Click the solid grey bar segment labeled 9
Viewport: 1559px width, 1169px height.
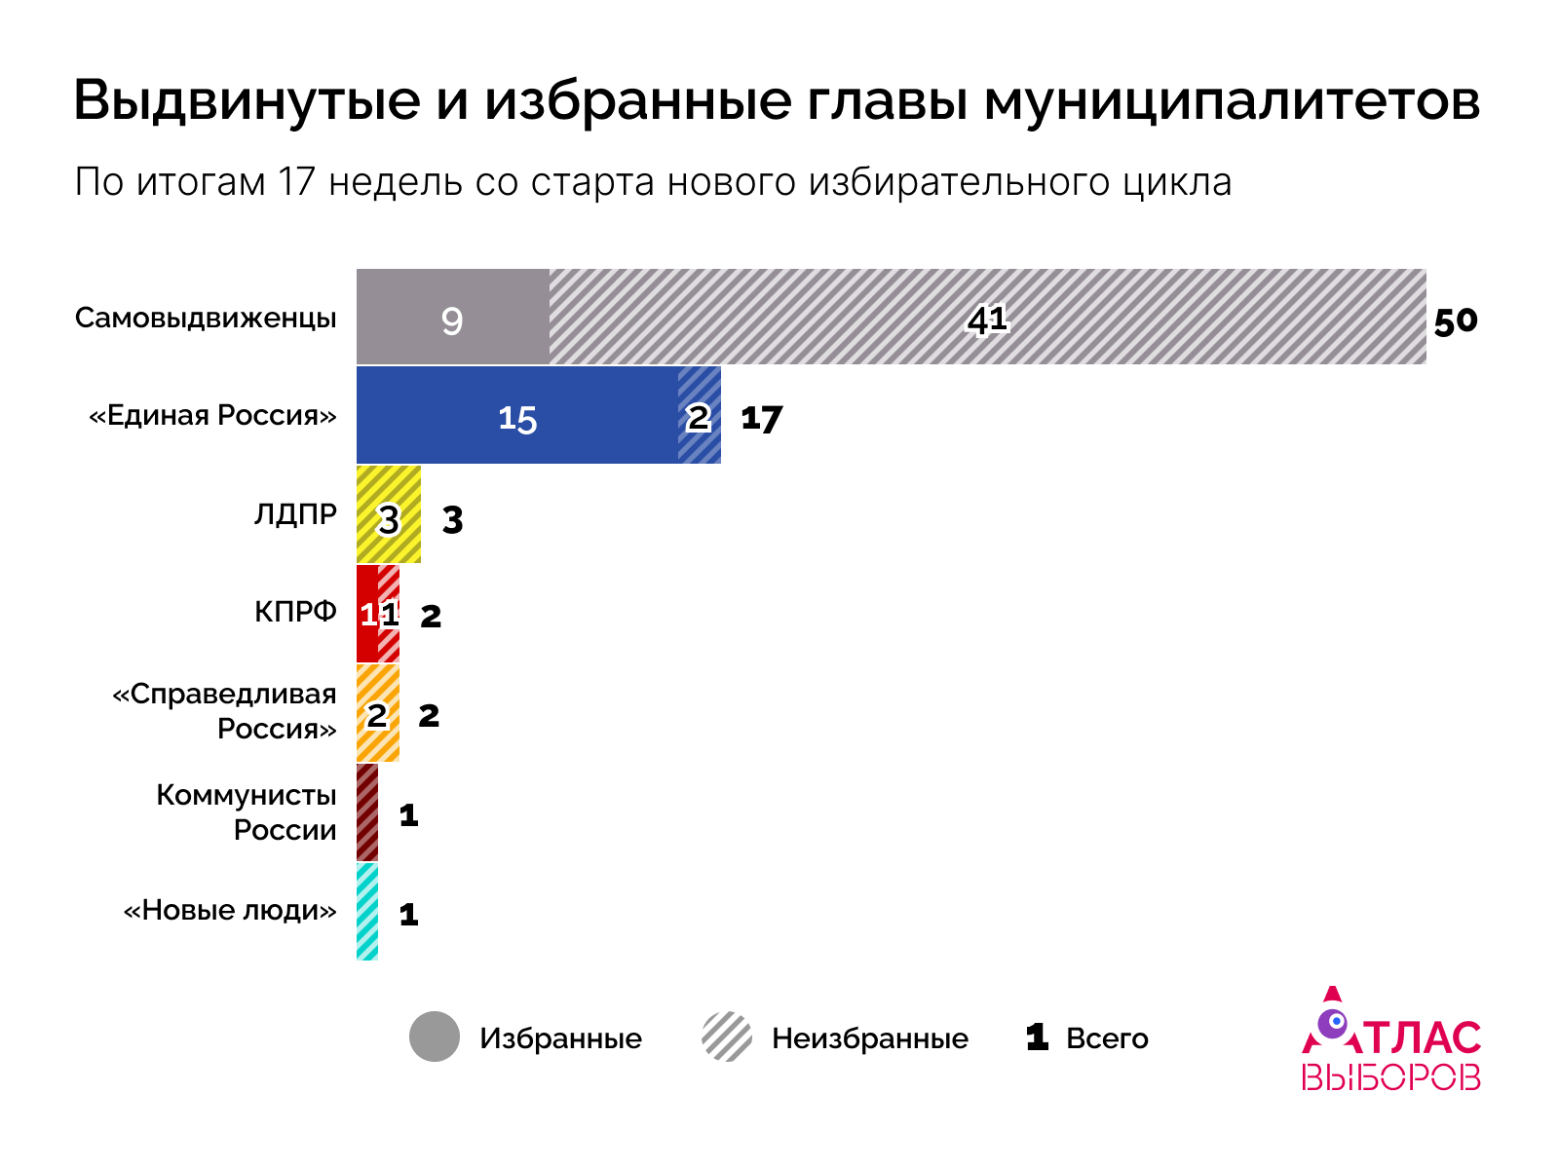click(452, 318)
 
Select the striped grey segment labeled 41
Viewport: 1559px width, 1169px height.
click(987, 318)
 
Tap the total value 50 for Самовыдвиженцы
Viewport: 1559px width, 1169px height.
click(1456, 321)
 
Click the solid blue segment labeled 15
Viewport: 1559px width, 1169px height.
click(516, 416)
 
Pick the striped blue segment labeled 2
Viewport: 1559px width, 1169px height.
click(700, 416)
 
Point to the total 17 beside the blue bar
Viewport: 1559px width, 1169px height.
click(761, 419)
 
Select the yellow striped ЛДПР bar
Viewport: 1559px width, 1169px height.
click(389, 514)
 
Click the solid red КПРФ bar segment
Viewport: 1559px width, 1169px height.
click(367, 614)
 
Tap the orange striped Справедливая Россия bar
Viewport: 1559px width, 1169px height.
click(378, 713)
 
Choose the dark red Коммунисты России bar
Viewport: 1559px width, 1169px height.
click(367, 812)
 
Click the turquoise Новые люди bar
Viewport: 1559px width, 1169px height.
click(367, 912)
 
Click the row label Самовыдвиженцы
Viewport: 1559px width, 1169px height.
click(206, 319)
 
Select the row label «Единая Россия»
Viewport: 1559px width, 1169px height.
click(212, 416)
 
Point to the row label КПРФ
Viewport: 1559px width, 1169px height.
click(295, 612)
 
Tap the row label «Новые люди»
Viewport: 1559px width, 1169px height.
click(229, 911)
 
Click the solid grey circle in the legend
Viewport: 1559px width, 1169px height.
click(435, 1037)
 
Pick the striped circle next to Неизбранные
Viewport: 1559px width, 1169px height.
click(727, 1037)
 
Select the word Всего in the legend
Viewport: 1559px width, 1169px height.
click(1107, 1038)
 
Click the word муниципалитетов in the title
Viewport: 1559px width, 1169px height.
click(1232, 100)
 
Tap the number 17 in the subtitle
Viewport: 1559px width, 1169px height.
click(296, 182)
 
